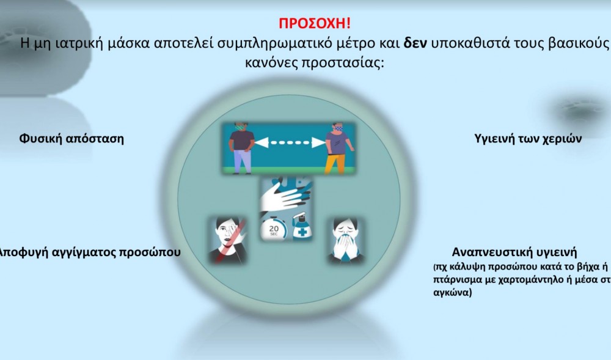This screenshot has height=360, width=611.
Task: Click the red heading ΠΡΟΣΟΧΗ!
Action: (315, 23)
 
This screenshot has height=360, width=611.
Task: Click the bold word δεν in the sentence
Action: (415, 43)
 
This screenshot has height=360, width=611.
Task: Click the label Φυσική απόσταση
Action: (71, 139)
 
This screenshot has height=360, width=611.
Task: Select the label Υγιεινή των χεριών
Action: (528, 139)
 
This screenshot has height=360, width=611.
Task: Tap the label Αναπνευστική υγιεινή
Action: (514, 252)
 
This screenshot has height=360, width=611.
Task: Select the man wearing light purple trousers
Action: (241, 149)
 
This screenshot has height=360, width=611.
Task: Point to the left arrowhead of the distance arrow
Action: (262, 142)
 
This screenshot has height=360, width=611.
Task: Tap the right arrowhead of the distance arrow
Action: (319, 142)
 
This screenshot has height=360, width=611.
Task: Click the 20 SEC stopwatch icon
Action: (274, 229)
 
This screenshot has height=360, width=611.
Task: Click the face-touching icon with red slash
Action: (228, 240)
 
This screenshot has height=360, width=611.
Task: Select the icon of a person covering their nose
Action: (346, 240)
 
